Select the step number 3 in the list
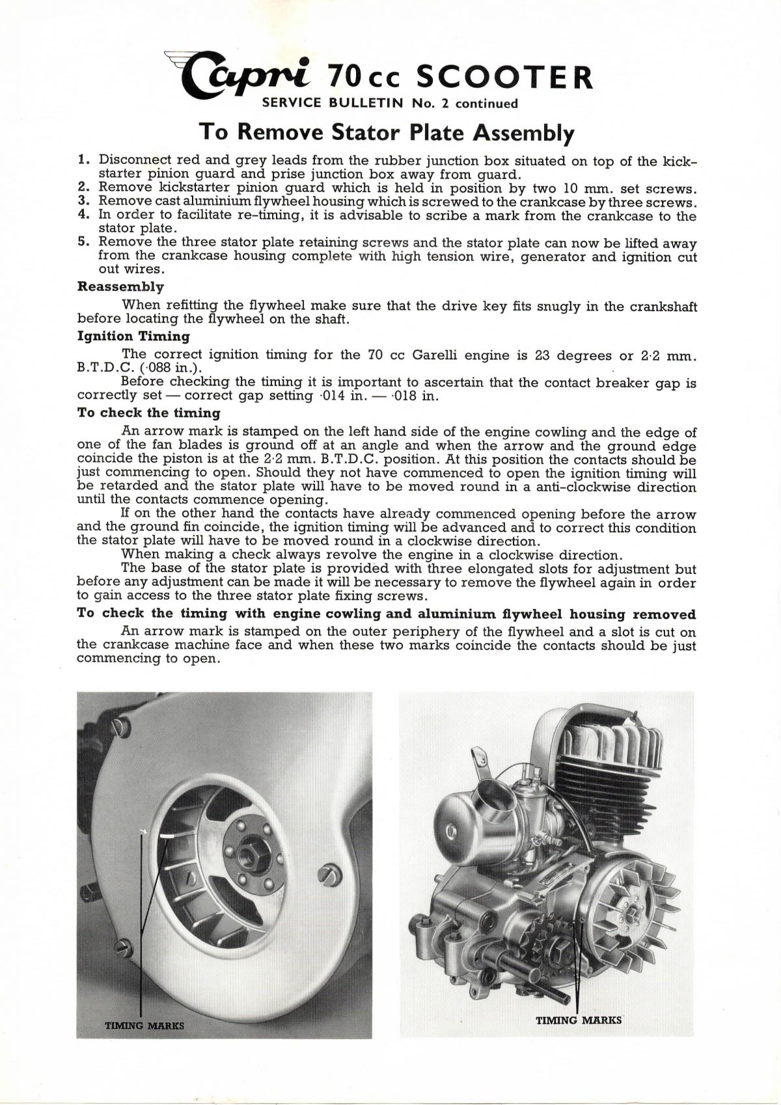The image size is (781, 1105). (83, 202)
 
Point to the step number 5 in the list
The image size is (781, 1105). (83, 242)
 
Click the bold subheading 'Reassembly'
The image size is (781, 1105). (120, 287)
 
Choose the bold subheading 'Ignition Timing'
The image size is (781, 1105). (133, 336)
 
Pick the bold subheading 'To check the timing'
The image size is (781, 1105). (148, 413)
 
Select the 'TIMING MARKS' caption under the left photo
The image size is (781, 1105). (144, 1026)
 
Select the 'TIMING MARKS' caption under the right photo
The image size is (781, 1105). (579, 1020)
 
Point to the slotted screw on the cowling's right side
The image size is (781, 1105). (330, 873)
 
